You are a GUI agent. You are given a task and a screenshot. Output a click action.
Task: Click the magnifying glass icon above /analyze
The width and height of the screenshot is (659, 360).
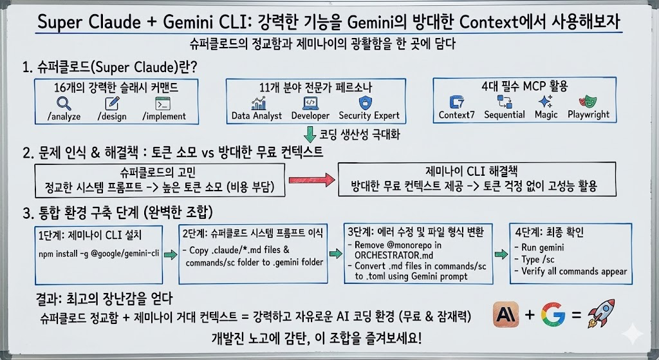pyautogui.click(x=64, y=103)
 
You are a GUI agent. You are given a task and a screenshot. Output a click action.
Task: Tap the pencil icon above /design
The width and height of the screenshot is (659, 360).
pyautogui.click(x=112, y=103)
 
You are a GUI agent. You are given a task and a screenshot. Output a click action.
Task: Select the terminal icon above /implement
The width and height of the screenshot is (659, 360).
pyautogui.click(x=162, y=103)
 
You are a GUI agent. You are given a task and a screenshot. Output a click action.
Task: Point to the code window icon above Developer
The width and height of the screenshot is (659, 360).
pyautogui.click(x=310, y=102)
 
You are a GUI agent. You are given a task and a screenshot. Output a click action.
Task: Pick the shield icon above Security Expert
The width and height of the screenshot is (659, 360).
pyautogui.click(x=365, y=102)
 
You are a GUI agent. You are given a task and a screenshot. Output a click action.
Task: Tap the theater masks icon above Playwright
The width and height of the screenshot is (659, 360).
pyautogui.click(x=587, y=102)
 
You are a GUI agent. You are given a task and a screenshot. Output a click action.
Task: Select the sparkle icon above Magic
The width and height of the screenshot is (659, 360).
pyautogui.click(x=545, y=102)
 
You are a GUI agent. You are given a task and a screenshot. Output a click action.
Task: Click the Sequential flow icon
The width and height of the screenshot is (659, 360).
pyautogui.click(x=504, y=102)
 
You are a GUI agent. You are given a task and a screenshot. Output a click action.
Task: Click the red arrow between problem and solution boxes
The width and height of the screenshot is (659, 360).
pyautogui.click(x=312, y=179)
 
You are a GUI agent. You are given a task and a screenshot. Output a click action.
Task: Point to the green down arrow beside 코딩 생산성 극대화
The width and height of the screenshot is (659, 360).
pyautogui.click(x=312, y=135)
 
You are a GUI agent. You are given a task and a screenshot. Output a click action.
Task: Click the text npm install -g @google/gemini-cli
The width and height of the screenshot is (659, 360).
pyautogui.click(x=98, y=254)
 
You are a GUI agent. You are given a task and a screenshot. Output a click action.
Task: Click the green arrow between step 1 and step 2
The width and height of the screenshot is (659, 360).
pyautogui.click(x=170, y=255)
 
